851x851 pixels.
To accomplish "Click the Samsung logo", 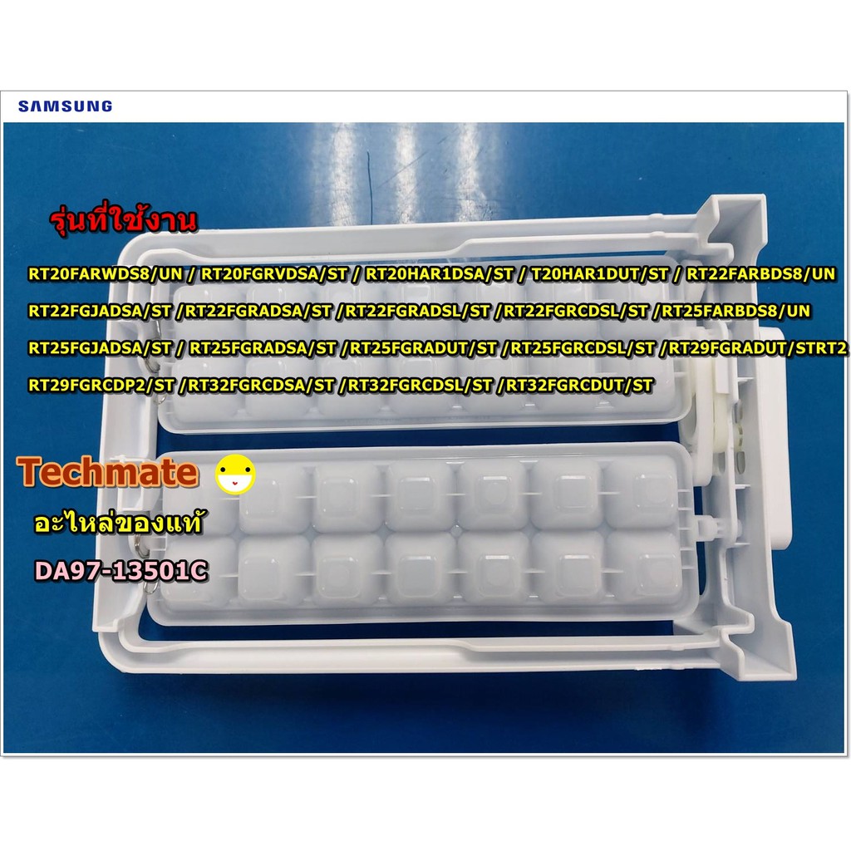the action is click(65, 106).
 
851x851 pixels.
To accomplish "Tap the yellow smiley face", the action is click(235, 474).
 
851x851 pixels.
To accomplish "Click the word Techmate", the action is click(107, 472).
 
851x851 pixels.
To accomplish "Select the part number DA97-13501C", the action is click(121, 570).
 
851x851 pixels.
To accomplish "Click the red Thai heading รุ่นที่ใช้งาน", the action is click(123, 219).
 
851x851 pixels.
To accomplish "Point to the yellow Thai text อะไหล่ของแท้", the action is click(118, 522).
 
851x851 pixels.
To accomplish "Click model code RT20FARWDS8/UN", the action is click(106, 274).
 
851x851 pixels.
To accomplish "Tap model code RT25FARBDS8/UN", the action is click(736, 311).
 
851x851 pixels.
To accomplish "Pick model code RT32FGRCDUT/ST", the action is click(579, 386).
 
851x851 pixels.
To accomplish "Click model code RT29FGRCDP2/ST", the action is click(101, 386).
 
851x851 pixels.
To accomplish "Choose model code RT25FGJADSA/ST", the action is click(100, 348).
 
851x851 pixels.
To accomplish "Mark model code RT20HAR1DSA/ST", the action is click(440, 274).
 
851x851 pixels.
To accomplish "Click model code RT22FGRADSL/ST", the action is click(417, 311).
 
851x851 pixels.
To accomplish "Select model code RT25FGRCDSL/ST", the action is click(583, 348).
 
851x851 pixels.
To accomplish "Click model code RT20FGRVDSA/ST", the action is click(274, 274).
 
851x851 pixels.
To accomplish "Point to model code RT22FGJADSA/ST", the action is click(100, 311).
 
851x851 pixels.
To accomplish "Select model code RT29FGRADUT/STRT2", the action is click(757, 348).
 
